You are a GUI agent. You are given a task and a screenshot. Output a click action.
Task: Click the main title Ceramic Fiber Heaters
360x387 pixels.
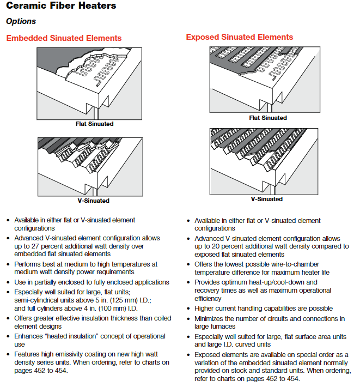(61, 6)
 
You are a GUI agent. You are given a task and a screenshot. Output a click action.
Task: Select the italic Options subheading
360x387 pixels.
(21, 21)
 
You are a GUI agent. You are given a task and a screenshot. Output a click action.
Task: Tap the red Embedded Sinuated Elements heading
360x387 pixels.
(64, 38)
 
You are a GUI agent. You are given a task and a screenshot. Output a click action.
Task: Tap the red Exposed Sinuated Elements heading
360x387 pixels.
(240, 37)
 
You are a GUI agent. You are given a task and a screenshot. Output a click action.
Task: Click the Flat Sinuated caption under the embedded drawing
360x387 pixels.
(95, 124)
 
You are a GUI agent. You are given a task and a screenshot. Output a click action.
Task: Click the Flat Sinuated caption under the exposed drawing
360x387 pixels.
(268, 118)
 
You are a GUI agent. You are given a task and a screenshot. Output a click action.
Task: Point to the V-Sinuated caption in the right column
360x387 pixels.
(267, 199)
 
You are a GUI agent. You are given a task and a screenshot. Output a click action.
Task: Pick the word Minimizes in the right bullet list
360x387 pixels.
(210, 319)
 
